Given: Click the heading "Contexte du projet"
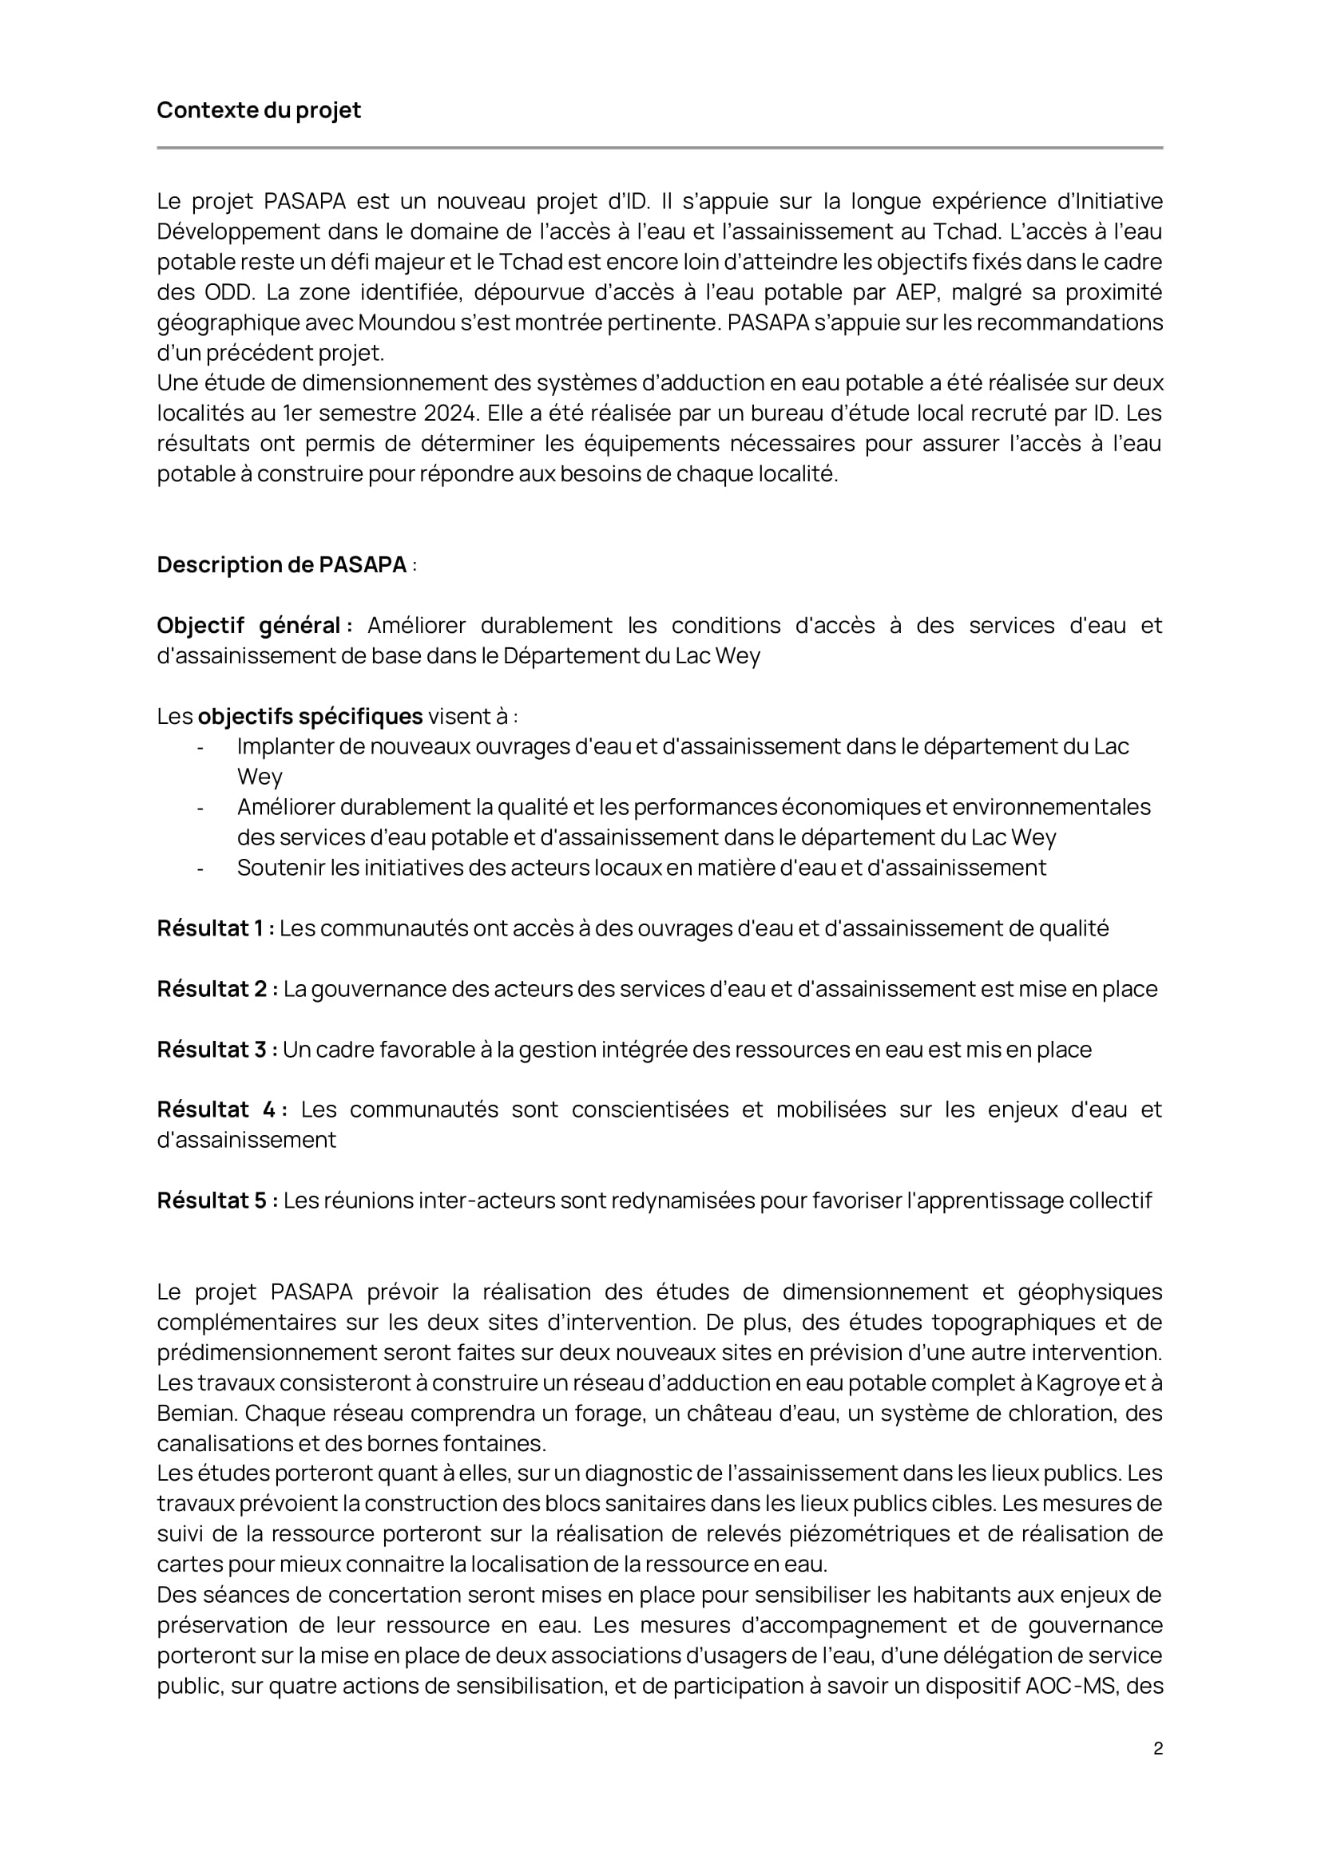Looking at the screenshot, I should (x=259, y=111).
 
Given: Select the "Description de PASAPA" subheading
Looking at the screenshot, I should (x=281, y=565).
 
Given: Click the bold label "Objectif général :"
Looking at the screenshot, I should (x=255, y=626).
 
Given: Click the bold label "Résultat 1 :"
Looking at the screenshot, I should (x=216, y=928).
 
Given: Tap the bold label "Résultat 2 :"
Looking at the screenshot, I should (x=217, y=990).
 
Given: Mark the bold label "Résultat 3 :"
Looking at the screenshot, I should (x=217, y=1050).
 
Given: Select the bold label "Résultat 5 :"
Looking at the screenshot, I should (x=217, y=1201).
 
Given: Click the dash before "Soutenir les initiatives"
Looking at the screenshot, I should (x=200, y=868).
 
